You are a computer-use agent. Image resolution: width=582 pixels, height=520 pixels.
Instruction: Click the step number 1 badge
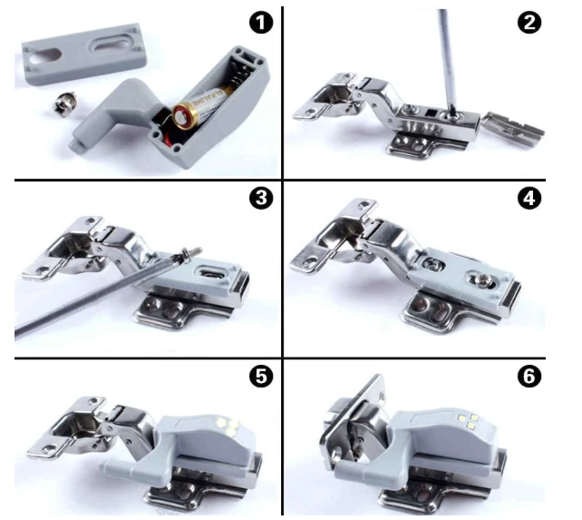(261, 23)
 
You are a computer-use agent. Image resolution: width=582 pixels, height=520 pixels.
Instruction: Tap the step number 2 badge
(529, 23)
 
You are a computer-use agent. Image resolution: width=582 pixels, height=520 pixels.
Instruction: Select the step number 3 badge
(261, 197)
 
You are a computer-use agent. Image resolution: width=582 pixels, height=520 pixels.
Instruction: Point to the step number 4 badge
(529, 197)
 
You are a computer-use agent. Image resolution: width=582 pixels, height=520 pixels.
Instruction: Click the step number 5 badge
(261, 376)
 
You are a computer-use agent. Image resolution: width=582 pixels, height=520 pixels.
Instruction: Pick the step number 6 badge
(529, 376)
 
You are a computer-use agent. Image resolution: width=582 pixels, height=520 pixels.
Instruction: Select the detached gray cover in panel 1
(83, 54)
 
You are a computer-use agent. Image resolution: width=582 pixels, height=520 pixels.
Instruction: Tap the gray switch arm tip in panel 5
(107, 464)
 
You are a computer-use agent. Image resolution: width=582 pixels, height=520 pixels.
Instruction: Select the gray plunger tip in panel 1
(76, 146)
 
